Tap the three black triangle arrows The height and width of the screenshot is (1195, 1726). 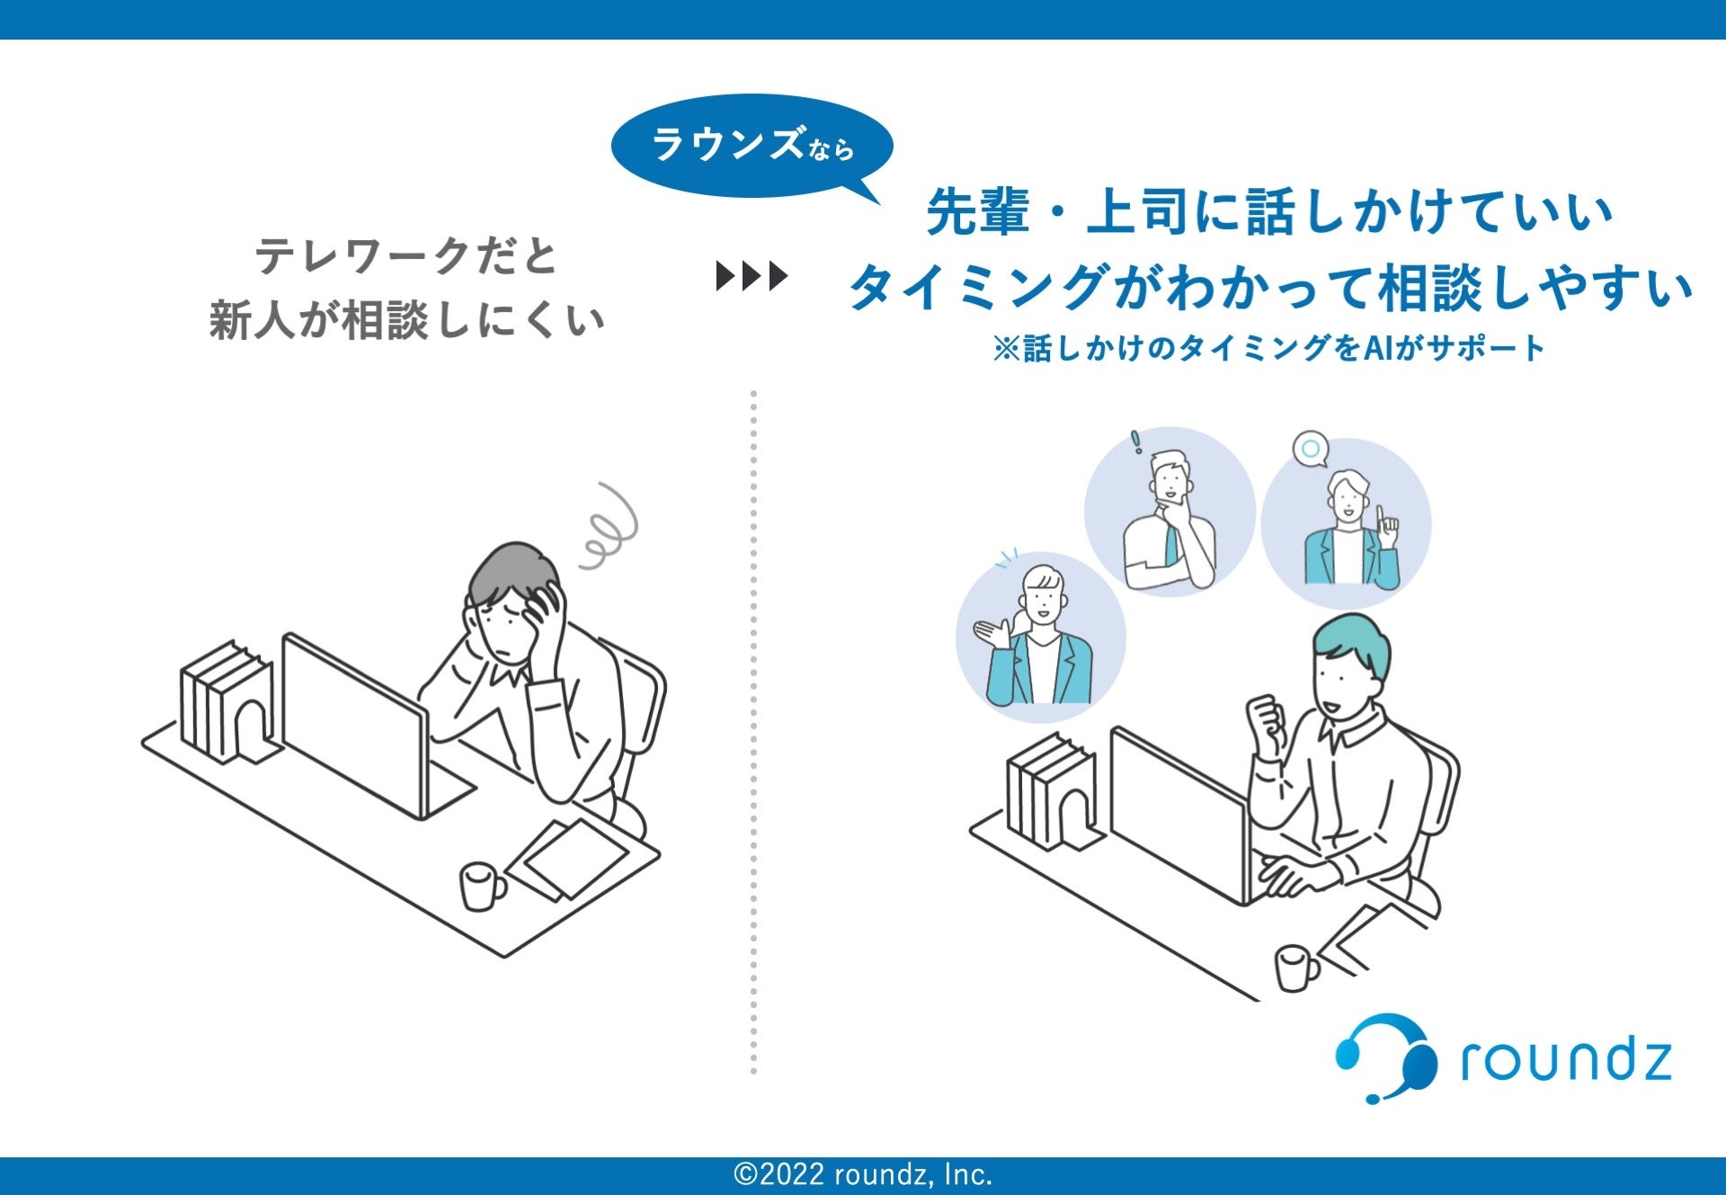pos(752,276)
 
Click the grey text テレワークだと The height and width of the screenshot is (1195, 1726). pos(406,256)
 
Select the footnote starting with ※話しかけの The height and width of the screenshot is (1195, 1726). pos(1268,348)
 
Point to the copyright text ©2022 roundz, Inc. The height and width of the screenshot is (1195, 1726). pos(863,1174)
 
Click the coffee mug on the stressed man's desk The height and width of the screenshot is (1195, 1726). pos(481,886)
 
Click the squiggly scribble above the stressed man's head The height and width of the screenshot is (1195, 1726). pos(609,528)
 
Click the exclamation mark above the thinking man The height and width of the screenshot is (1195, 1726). pos(1136,441)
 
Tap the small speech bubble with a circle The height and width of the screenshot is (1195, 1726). pos(1311,449)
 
